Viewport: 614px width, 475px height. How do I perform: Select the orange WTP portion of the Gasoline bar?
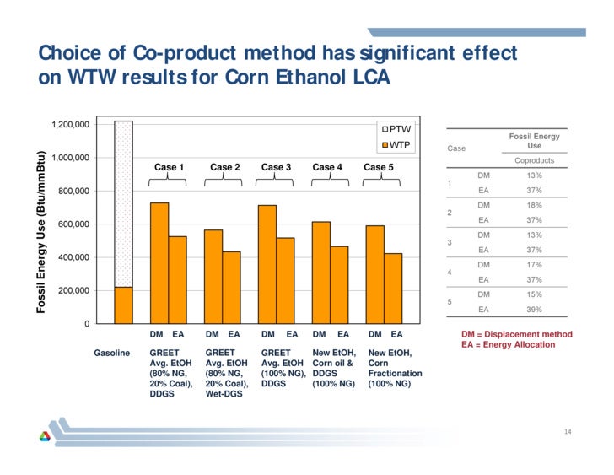click(x=123, y=305)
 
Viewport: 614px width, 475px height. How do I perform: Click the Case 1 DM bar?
click(x=159, y=262)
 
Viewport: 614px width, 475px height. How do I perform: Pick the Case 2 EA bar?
click(x=231, y=287)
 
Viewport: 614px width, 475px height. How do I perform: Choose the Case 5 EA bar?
click(x=393, y=288)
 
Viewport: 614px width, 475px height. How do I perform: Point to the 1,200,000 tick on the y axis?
click(x=70, y=125)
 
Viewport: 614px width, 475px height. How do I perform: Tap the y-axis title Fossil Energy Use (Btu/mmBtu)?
click(x=40, y=232)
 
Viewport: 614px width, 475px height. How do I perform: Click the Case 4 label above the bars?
click(x=327, y=167)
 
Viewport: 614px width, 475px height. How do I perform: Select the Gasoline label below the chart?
click(x=111, y=352)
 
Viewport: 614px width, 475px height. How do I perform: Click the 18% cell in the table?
click(x=533, y=205)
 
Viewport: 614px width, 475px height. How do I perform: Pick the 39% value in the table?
click(x=533, y=310)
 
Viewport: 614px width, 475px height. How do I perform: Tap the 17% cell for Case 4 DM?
click(x=533, y=265)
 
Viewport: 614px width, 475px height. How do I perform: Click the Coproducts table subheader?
click(x=533, y=160)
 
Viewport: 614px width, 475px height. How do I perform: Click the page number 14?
click(x=568, y=433)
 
